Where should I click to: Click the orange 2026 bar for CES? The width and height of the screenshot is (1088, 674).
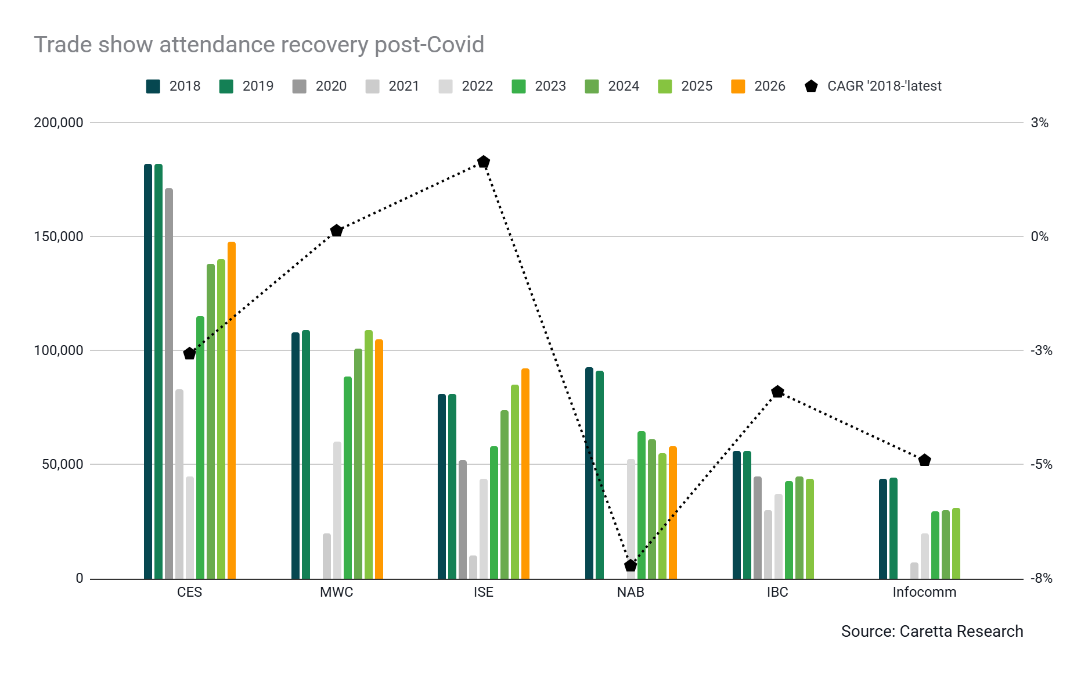[x=232, y=410]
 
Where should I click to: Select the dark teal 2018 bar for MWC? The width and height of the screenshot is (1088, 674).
[x=296, y=456]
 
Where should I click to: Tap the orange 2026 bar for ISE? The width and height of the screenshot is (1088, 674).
[x=525, y=474]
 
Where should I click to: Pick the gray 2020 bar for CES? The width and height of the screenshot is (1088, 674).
[x=169, y=383]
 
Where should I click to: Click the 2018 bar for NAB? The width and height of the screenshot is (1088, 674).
[x=589, y=473]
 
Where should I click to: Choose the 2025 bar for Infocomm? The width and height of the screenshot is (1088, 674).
[x=956, y=543]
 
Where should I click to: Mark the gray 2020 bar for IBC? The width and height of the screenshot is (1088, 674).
[x=758, y=528]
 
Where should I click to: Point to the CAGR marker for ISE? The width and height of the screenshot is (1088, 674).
[x=484, y=162]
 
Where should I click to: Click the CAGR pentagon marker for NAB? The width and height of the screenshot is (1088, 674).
[x=631, y=565]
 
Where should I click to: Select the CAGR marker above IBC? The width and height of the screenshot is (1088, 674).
[x=778, y=392]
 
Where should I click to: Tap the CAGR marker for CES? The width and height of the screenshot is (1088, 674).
[x=189, y=353]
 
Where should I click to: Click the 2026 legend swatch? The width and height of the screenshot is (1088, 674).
[x=738, y=87]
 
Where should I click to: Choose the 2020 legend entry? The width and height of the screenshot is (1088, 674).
[x=319, y=87]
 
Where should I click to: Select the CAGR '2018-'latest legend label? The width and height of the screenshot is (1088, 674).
[x=884, y=86]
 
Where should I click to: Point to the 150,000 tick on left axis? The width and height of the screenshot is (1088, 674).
[x=59, y=236]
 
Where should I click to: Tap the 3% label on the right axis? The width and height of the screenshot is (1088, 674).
[x=1040, y=123]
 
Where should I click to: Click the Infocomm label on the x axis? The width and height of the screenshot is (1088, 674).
[x=924, y=592]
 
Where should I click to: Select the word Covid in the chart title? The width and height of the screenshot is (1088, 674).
[x=455, y=45]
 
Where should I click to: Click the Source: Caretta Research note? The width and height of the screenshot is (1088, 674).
[x=932, y=632]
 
